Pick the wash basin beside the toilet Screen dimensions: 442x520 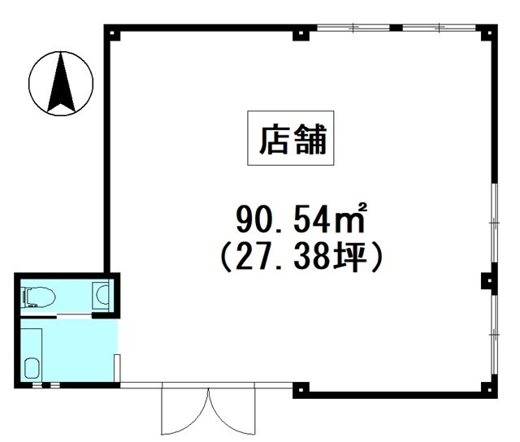coord(102,294)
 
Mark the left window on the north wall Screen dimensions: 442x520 coord(353,28)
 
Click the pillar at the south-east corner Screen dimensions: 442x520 coord(488,389)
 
